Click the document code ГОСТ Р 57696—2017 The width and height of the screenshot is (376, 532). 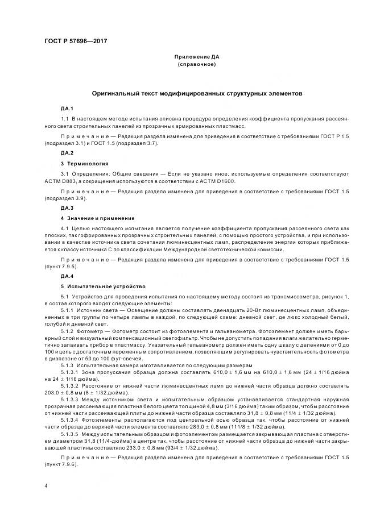pos(75,41)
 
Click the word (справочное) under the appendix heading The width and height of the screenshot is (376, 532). pos(197,65)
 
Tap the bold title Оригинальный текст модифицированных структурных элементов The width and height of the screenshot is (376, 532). pos(197,93)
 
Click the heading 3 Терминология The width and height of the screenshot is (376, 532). pos(85,163)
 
